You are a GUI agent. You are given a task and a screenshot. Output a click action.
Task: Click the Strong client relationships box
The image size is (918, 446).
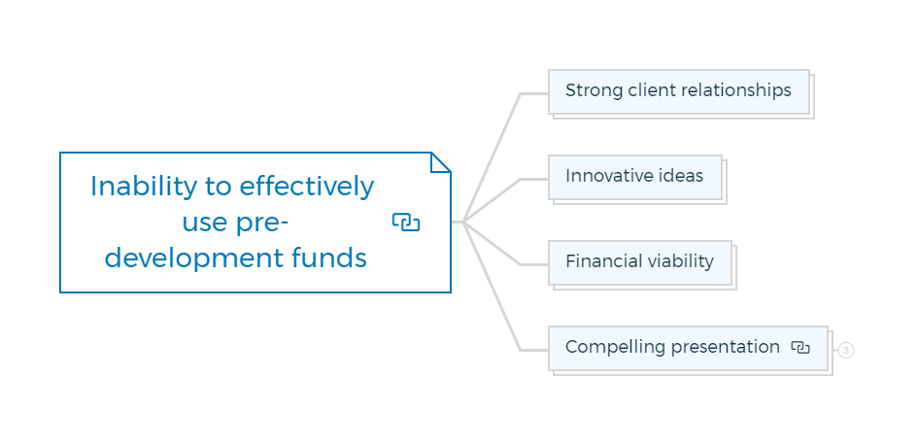click(x=679, y=92)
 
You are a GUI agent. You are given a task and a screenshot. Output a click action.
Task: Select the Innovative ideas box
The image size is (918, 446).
click(x=635, y=178)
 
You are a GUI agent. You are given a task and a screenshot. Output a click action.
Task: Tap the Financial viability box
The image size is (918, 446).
click(x=640, y=262)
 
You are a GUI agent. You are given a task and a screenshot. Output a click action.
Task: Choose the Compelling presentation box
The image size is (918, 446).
click(x=689, y=348)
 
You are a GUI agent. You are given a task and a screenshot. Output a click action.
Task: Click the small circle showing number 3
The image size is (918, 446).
click(x=846, y=350)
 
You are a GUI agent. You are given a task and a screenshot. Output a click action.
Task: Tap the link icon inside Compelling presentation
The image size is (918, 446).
click(x=800, y=347)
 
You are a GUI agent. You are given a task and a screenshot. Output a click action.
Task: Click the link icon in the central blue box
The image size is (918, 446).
click(x=406, y=223)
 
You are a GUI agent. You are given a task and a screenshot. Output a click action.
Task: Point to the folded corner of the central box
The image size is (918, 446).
click(x=440, y=162)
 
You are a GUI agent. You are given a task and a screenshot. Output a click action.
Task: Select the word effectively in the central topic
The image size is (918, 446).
click(x=306, y=188)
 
